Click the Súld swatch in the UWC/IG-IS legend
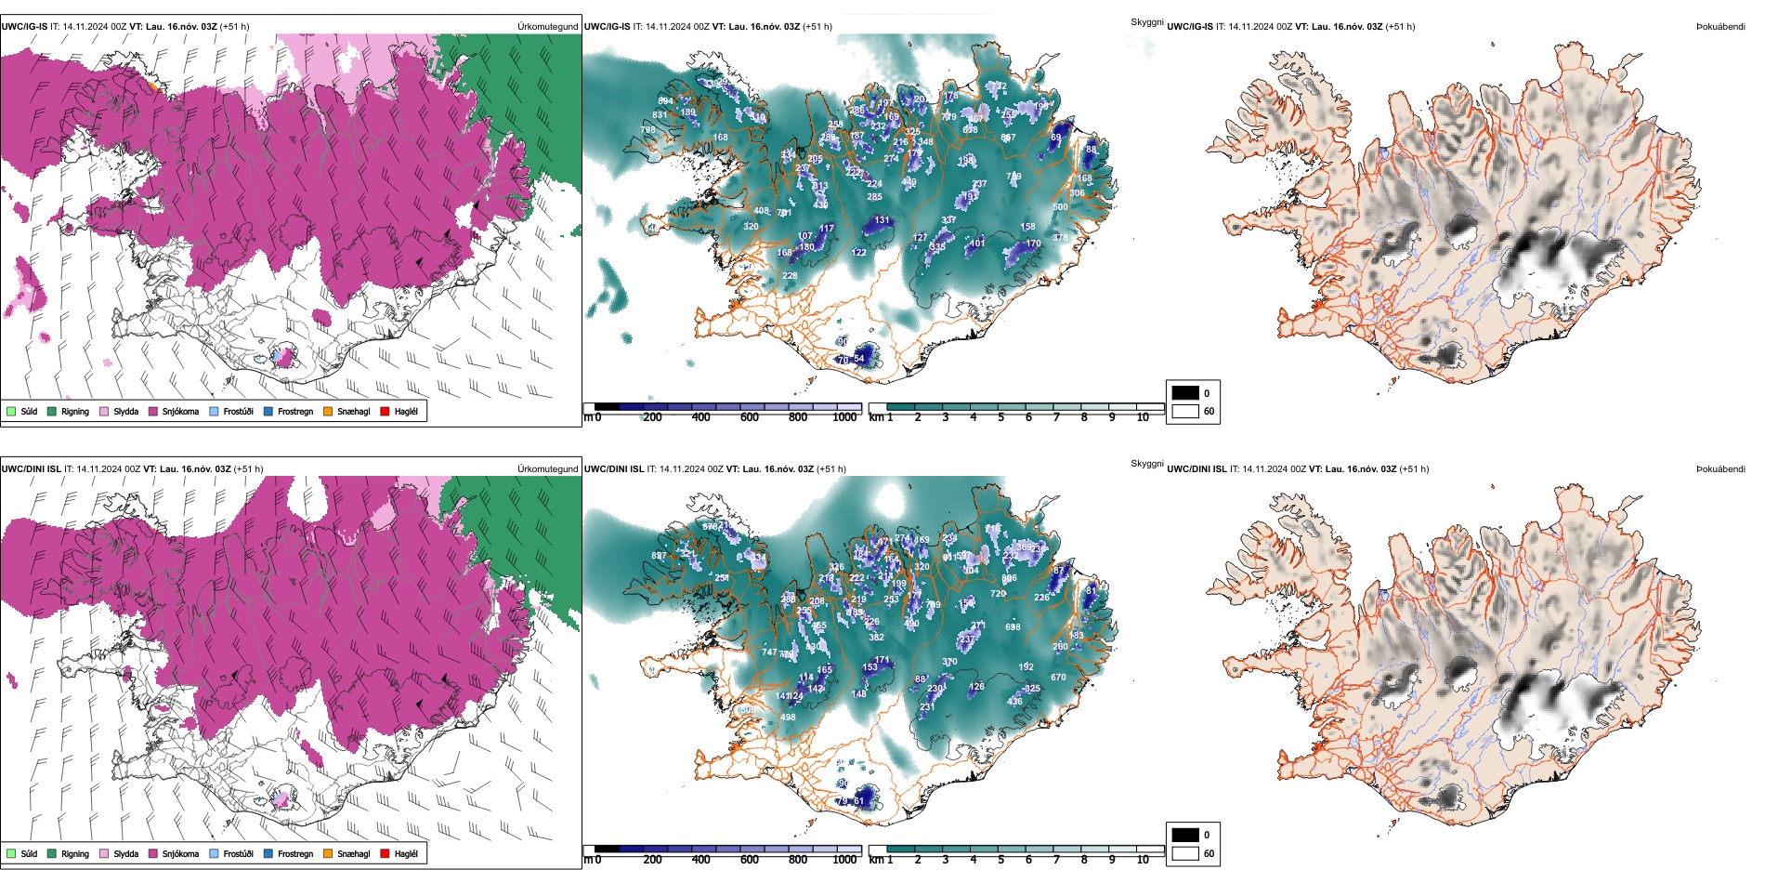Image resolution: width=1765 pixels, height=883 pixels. (11, 411)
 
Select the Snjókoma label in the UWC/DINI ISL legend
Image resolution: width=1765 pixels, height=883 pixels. (180, 853)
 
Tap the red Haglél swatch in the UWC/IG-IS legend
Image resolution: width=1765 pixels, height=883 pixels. (385, 411)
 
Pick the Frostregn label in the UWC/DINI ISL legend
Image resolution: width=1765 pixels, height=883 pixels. (295, 853)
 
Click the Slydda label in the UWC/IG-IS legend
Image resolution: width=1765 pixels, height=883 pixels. (126, 411)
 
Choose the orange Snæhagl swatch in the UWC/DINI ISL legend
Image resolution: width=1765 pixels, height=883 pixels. (328, 853)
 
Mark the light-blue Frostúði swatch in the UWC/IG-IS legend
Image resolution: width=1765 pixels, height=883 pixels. (214, 411)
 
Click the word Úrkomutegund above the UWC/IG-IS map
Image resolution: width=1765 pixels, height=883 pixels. (547, 27)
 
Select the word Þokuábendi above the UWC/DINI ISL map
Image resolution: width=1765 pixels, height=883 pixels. (1720, 469)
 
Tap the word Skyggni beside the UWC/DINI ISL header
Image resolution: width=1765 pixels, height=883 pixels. (1147, 464)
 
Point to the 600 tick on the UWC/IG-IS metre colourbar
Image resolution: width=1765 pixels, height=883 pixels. (750, 417)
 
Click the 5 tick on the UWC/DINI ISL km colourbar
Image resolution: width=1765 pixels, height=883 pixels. (1000, 860)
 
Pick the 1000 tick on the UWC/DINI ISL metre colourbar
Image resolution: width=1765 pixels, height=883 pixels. (844, 860)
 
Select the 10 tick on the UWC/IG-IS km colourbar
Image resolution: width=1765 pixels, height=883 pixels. (1143, 417)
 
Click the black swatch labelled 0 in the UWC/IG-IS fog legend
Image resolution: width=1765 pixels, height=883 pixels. (1185, 393)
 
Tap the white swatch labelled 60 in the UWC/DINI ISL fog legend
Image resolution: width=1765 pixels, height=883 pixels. (1185, 853)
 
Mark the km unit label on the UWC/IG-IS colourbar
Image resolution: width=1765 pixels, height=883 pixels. (876, 417)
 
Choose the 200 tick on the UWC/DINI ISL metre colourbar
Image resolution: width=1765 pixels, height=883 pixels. (653, 860)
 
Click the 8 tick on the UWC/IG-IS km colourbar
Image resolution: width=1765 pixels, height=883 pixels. (1084, 417)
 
